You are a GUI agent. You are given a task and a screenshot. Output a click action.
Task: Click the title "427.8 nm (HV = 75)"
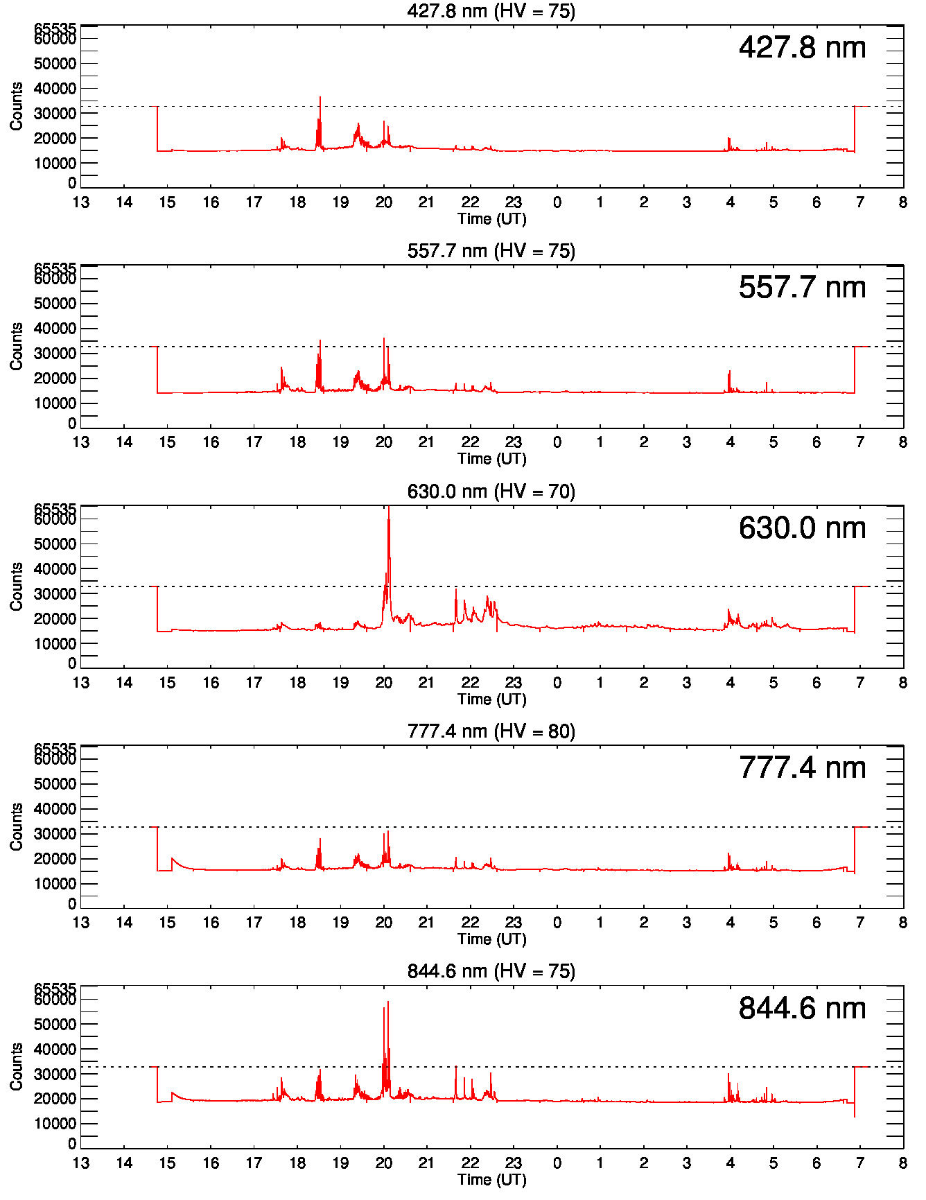coord(491,11)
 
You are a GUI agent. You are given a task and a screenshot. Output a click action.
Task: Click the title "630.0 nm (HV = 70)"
coord(491,492)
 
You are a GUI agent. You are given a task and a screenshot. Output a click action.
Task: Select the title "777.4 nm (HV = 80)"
coord(491,731)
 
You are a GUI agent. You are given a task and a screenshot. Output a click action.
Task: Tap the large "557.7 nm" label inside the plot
coord(802,288)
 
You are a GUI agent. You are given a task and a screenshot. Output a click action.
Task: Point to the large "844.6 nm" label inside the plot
coord(802,1009)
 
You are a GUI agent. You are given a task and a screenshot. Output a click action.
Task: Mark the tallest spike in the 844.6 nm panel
coord(388,1003)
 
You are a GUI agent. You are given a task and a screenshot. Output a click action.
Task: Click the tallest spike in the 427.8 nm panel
coord(320,98)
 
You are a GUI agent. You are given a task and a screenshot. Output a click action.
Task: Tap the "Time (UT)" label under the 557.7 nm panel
coord(491,459)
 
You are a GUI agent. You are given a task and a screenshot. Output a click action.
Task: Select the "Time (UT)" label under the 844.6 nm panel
coord(491,1179)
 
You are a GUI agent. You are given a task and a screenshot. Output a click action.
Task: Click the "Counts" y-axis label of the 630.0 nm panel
coord(16,586)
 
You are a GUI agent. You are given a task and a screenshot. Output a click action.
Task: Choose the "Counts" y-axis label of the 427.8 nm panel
coord(16,106)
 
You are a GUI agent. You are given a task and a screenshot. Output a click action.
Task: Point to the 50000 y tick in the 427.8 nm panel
coord(55,64)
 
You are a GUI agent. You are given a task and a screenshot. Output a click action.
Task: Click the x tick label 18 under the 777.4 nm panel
coord(297,923)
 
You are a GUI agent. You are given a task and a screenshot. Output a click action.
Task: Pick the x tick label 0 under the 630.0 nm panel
coord(557,683)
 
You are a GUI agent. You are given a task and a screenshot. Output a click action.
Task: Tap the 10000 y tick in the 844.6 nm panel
coord(55,1124)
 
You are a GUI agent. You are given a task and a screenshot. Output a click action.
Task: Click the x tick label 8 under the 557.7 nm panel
coord(902,442)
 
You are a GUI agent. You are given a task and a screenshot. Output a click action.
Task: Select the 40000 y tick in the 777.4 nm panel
coord(55,809)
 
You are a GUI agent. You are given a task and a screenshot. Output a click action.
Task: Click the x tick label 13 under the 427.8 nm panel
coord(81,202)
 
